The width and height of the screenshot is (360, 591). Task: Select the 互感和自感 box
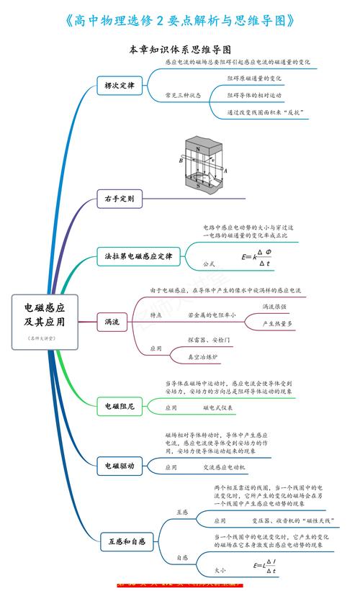[x=127, y=540]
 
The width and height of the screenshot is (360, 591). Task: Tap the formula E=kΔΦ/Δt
[x=257, y=257]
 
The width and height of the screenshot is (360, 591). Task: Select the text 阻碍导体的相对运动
[x=254, y=95]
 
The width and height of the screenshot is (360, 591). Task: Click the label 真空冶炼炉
[x=202, y=356]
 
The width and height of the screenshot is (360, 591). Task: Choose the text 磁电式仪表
[x=217, y=407]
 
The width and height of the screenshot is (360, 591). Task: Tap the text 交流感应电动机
[x=225, y=467]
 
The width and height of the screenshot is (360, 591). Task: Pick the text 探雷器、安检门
[x=209, y=338]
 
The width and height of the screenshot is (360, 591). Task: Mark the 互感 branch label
[x=182, y=512]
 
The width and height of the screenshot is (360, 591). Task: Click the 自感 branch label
[x=182, y=558]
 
